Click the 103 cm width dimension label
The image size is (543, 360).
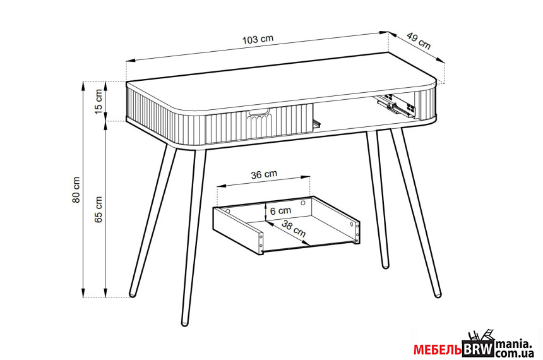(x=258, y=39)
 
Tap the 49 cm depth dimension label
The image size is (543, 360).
(x=419, y=40)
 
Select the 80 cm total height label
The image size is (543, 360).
(x=76, y=189)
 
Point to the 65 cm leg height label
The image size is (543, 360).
(x=98, y=209)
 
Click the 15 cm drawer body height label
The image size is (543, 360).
(x=98, y=101)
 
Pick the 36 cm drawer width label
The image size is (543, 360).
(x=264, y=174)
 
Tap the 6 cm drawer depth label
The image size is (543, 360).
(x=280, y=210)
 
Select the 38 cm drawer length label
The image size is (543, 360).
(x=294, y=229)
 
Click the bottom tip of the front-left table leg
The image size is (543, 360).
(x=184, y=323)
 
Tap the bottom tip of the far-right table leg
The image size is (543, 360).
(x=438, y=295)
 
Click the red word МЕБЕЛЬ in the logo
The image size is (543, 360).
(x=438, y=350)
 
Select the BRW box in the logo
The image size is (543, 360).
(x=478, y=349)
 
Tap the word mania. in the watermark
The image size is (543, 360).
(x=513, y=345)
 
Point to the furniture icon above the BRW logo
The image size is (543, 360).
(x=480, y=336)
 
